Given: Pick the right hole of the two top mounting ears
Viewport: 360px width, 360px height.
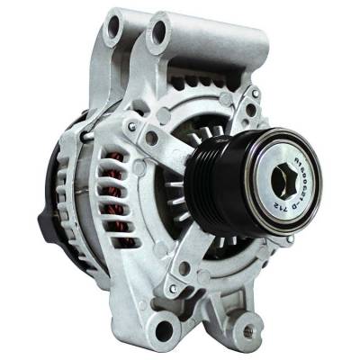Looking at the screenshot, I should click(x=161, y=34).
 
